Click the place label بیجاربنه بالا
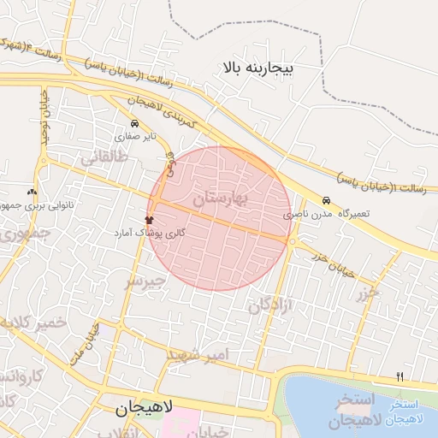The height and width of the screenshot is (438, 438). (x=257, y=66)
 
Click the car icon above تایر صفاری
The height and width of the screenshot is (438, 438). (x=133, y=123)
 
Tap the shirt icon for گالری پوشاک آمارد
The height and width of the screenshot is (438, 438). (x=150, y=220)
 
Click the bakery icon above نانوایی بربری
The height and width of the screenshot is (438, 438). (x=33, y=192)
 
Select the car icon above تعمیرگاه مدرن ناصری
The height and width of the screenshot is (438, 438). (x=325, y=199)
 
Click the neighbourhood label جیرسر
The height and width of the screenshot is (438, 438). (x=142, y=281)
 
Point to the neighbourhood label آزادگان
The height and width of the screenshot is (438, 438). (x=271, y=305)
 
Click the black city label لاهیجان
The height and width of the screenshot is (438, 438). (x=144, y=409)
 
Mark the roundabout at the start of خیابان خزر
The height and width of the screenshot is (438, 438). (x=293, y=243)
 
